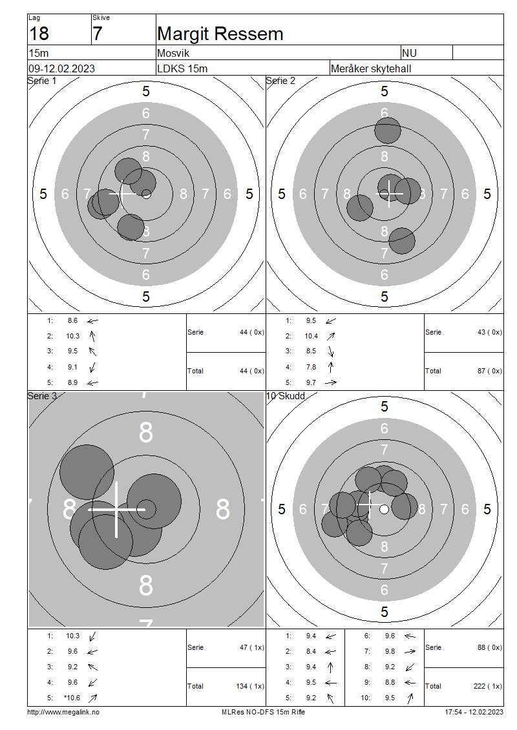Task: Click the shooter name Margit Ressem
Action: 220,34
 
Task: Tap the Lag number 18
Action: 39,34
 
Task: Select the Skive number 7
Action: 97,34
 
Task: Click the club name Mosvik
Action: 173,53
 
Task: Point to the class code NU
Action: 410,53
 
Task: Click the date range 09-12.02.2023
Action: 61,68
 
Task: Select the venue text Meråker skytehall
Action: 371,69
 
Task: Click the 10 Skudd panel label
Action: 285,396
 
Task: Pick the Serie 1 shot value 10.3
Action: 72,336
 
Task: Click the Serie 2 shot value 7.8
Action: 311,368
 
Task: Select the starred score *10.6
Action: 72,698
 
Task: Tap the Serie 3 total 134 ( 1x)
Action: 250,686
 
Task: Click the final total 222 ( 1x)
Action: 488,686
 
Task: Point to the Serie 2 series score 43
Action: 481,333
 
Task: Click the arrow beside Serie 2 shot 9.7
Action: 331,382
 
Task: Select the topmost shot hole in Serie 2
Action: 388,130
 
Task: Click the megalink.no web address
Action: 63,713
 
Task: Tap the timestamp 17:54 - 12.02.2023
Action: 474,713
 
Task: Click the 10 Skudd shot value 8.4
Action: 311,652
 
